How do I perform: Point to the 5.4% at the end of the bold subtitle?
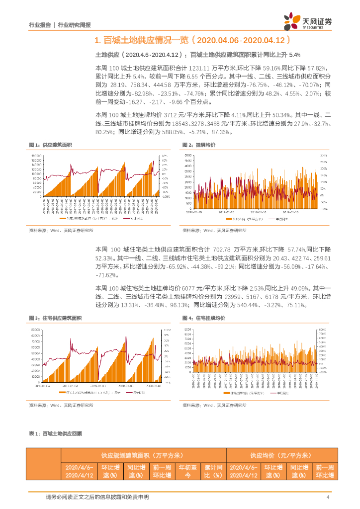click(294, 55)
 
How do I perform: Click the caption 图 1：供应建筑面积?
click(51, 145)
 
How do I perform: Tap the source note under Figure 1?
click(61, 230)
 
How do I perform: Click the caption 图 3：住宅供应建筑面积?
click(55, 318)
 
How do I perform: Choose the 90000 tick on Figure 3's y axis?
click(35, 330)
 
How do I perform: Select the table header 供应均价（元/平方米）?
click(280, 455)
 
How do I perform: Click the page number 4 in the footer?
click(328, 497)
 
